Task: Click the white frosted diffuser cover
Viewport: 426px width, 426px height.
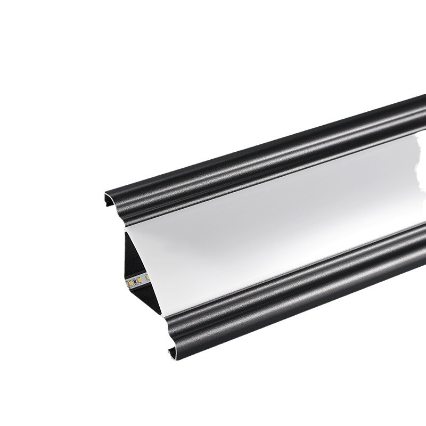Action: tap(266, 224)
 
